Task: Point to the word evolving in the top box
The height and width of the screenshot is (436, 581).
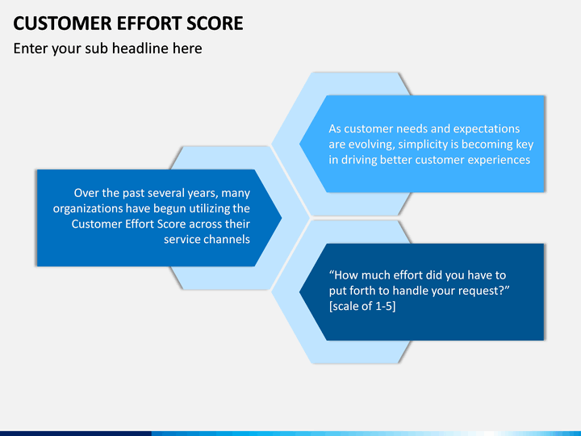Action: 376,145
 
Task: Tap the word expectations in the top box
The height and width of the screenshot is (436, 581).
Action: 487,129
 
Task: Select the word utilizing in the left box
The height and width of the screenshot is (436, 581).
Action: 203,208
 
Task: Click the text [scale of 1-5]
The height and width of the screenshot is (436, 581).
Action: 362,307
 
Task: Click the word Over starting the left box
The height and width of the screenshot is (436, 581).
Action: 87,193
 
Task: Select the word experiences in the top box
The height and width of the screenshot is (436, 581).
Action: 498,160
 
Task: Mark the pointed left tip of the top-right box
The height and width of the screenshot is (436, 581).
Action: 301,144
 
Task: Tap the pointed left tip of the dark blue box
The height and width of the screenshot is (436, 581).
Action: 301,291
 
